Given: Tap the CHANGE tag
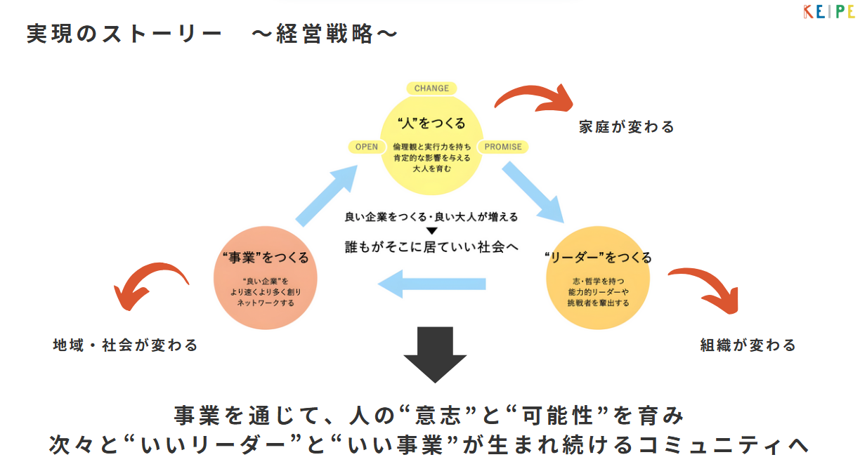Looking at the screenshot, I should [431, 88].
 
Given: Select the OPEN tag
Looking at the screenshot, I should [367, 147].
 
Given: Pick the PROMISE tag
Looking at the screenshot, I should [503, 147].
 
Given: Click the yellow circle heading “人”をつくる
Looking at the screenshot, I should [431, 124].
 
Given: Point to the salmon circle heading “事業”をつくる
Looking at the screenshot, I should [265, 258].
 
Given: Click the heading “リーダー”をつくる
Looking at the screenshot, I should [598, 257].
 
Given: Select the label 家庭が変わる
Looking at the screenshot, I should [627, 127].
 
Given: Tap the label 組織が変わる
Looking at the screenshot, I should [748, 345].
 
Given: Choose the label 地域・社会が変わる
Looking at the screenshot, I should [126, 345].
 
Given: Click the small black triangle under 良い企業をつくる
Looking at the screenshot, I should [431, 231].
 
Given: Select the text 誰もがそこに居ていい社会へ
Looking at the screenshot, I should [431, 246].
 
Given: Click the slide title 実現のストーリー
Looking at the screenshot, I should [124, 34].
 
